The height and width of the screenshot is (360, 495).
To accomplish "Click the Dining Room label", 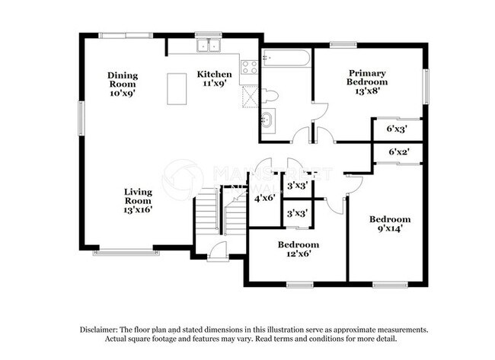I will pos(122,83).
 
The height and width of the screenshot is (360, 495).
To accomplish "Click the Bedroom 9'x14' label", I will pos(389,224).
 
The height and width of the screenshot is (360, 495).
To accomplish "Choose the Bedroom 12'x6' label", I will pos(298,250).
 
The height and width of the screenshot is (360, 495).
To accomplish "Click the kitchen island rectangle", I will pos(177,88).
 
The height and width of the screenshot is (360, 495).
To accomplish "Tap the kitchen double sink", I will pos(207,47).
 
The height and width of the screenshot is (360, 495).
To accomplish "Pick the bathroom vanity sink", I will pos(268,119).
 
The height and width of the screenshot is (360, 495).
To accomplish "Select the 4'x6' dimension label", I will pos(264,199).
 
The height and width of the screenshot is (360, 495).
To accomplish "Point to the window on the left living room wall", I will pos(81,119).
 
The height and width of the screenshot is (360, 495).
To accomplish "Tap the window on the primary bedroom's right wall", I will pos(426,86).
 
